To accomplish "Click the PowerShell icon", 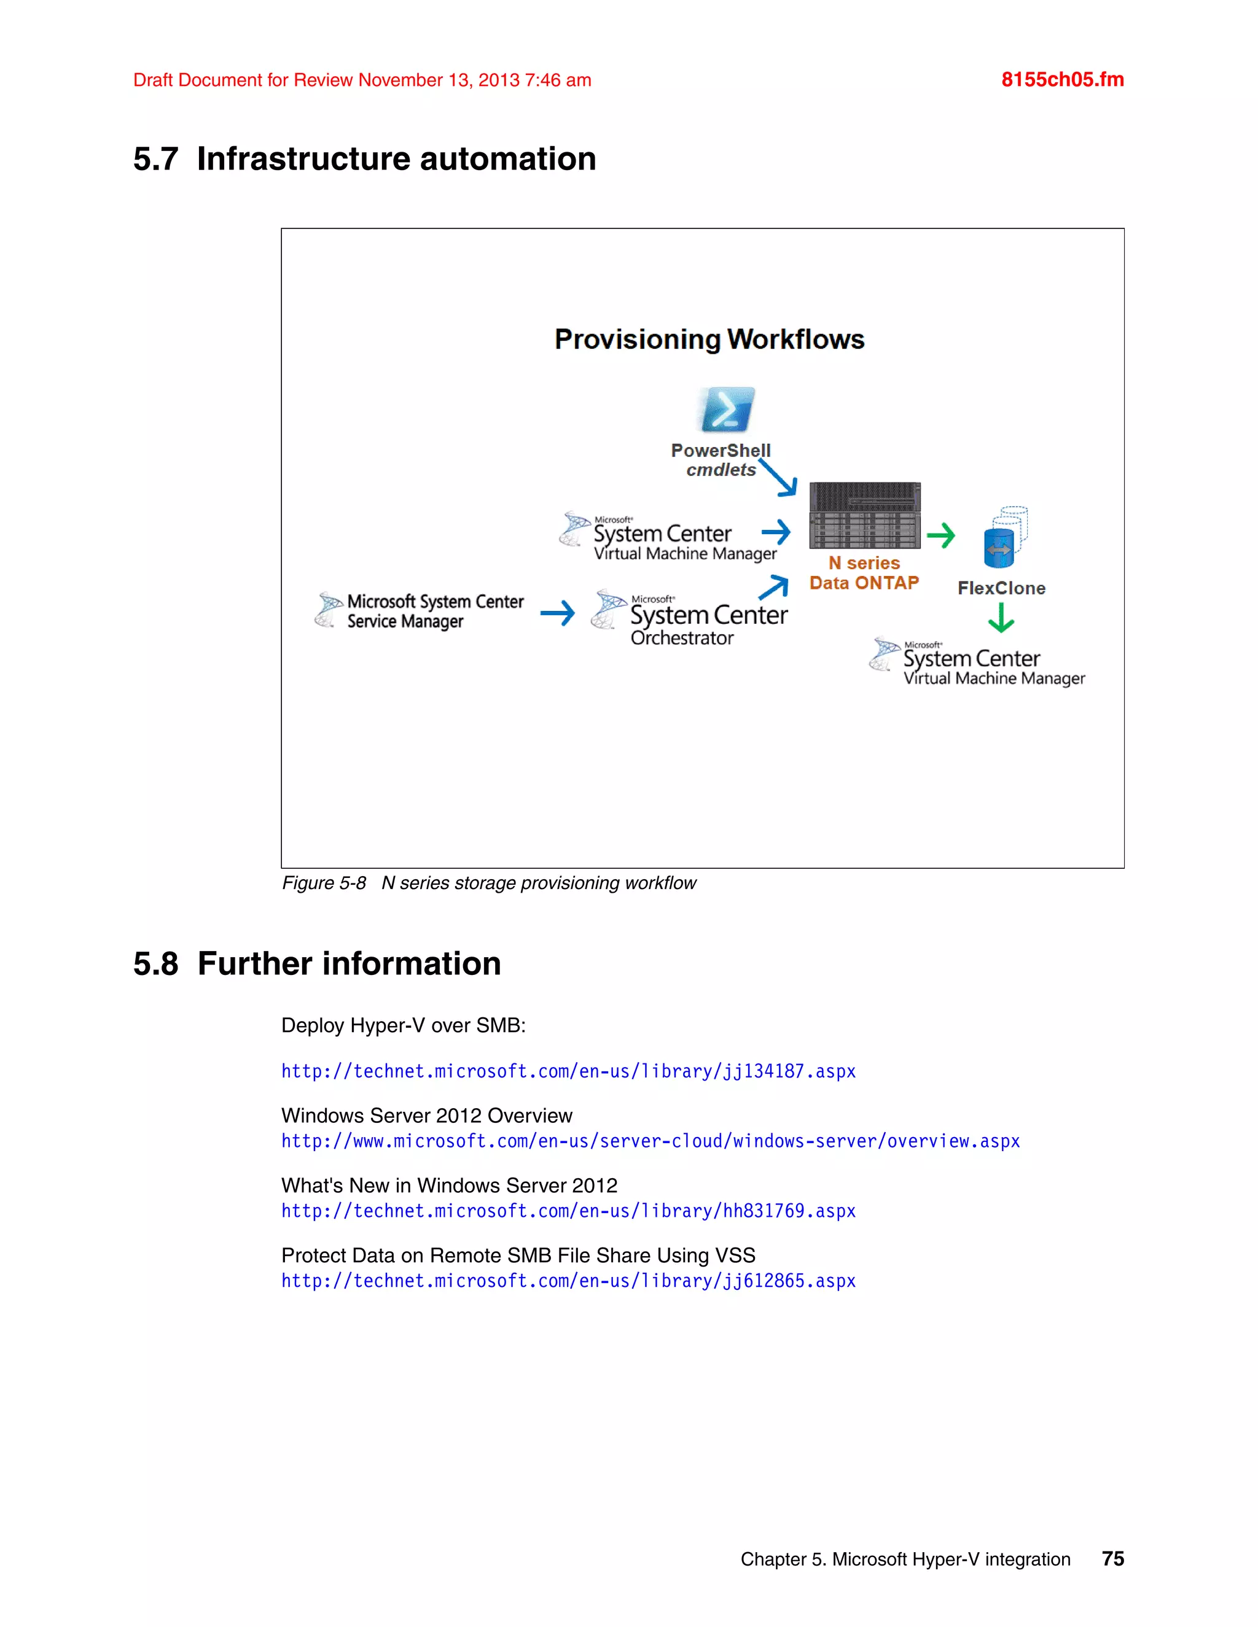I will click(726, 410).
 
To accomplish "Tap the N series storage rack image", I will click(864, 516).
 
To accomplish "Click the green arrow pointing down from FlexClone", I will click(1001, 618).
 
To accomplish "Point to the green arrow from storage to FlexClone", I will click(940, 535).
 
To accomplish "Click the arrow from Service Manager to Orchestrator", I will click(558, 613).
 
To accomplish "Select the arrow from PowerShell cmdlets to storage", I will click(779, 478).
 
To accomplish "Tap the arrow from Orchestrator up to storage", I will click(775, 587).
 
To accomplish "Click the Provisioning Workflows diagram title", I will click(709, 340).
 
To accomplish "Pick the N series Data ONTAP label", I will click(864, 573).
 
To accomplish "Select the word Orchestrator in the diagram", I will click(682, 639).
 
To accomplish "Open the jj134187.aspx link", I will click(568, 1071).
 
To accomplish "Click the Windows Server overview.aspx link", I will click(650, 1141).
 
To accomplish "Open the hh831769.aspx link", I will click(568, 1211).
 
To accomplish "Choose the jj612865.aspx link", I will click(568, 1281).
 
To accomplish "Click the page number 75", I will click(1112, 1559).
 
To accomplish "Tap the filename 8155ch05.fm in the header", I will click(1062, 80).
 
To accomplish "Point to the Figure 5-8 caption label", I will click(324, 883).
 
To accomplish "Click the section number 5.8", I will click(156, 964).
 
